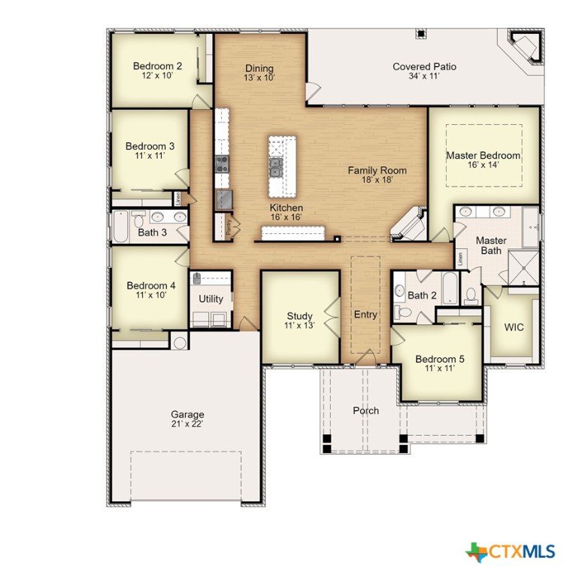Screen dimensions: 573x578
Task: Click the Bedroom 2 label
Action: coord(157,66)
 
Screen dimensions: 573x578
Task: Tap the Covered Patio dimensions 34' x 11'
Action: coord(424,76)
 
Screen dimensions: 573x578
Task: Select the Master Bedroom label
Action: coord(484,156)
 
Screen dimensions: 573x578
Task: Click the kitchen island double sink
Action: coord(275,167)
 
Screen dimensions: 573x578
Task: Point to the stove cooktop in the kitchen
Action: coord(222,164)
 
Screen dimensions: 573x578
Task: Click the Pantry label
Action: coord(229,227)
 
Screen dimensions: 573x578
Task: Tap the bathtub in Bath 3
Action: coord(120,226)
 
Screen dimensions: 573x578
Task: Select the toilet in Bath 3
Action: coord(138,220)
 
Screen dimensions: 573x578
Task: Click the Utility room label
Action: coord(211,299)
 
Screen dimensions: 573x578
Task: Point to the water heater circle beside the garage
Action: coord(180,343)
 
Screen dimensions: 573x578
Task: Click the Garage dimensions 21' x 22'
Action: coord(187,424)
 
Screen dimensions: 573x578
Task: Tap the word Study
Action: coord(300,316)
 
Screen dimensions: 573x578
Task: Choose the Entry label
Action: coord(365,315)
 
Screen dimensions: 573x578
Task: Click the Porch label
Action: coord(365,411)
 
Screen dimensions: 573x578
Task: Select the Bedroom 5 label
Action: coord(440,359)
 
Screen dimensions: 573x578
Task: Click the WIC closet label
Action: coord(514,327)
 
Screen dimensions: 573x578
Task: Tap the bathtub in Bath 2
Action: coord(450,288)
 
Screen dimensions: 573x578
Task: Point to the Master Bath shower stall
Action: coord(523,268)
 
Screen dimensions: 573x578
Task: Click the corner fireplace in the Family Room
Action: coord(408,224)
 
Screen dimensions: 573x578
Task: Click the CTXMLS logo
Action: coord(510,552)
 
